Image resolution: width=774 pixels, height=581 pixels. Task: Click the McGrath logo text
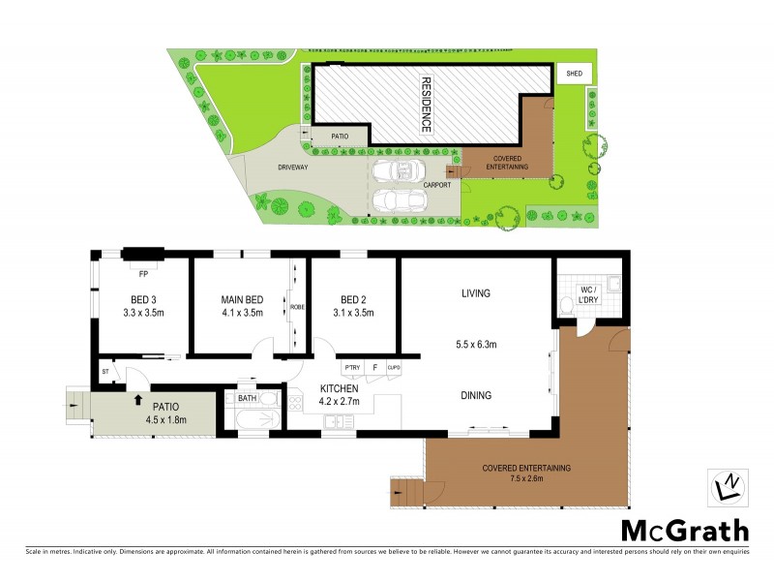pyautogui.click(x=684, y=530)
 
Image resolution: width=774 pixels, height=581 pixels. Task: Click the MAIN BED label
pyautogui.click(x=240, y=298)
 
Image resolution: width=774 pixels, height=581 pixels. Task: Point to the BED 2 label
pyautogui.click(x=352, y=298)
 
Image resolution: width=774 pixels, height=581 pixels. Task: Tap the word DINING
pyautogui.click(x=476, y=395)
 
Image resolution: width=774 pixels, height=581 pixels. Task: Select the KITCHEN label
pyautogui.click(x=339, y=387)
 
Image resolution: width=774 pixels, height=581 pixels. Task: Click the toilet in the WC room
pyautogui.click(x=566, y=308)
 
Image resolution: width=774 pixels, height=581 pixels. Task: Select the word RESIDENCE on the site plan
pyautogui.click(x=425, y=105)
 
